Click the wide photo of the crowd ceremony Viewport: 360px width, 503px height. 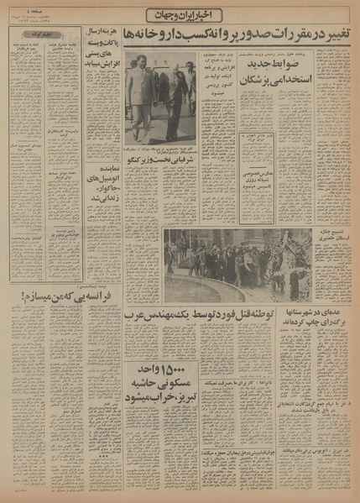(x=236, y=265)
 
